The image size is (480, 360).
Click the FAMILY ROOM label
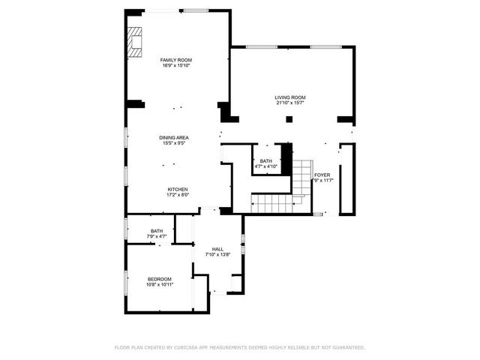click(x=177, y=60)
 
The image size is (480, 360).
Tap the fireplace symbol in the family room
click(x=134, y=42)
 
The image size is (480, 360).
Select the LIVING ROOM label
click(x=290, y=97)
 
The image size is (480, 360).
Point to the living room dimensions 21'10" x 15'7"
click(x=290, y=103)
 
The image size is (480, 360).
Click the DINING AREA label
click(x=173, y=138)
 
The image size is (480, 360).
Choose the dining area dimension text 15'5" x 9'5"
click(x=173, y=144)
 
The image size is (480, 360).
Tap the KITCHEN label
click(x=178, y=189)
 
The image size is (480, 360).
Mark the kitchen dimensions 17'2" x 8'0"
click(x=178, y=195)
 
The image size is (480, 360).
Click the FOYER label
click(x=322, y=175)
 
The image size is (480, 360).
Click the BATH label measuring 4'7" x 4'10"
click(x=266, y=161)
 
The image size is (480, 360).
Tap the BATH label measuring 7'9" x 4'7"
click(x=157, y=231)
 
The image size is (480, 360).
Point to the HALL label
click(x=217, y=249)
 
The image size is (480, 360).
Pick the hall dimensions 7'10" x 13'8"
click(x=217, y=255)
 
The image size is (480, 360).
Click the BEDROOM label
click(x=159, y=279)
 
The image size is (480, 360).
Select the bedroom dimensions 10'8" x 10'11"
click(x=159, y=285)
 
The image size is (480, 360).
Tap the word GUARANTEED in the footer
click(x=348, y=348)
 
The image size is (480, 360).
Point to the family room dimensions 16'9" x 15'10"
click(x=177, y=66)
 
